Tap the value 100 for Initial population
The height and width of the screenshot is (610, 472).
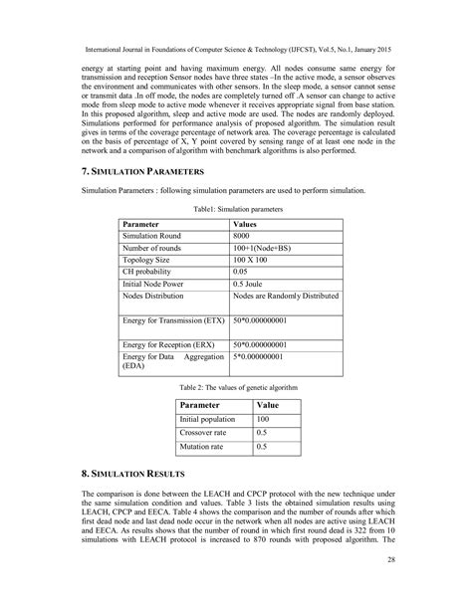264,420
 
